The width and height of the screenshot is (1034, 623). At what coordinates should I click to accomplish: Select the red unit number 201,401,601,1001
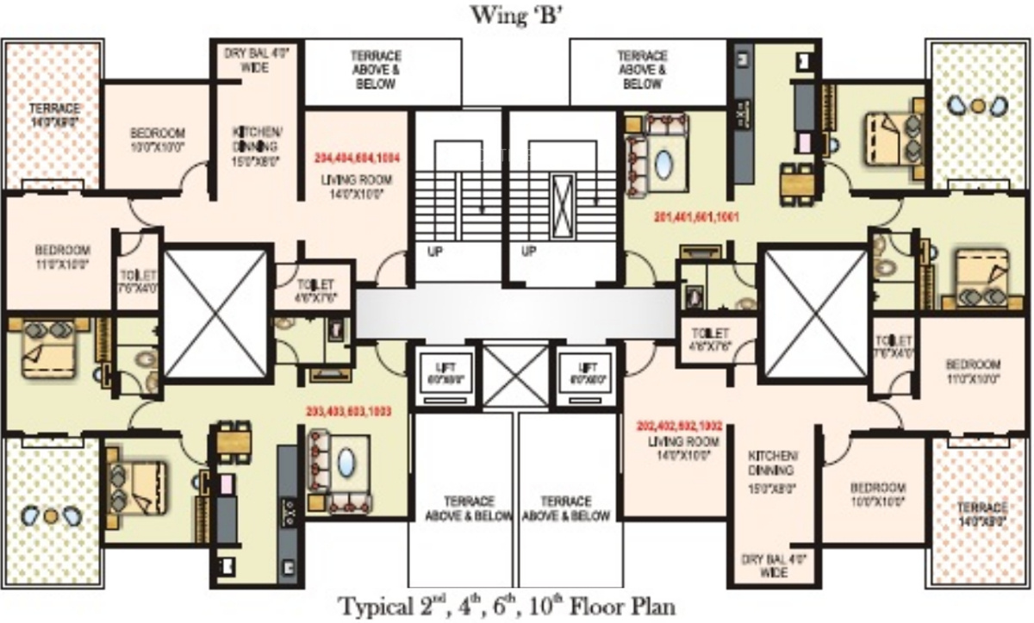point(696,217)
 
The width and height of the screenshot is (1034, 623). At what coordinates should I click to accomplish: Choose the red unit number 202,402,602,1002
point(679,426)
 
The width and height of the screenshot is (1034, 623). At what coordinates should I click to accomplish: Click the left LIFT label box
point(445,373)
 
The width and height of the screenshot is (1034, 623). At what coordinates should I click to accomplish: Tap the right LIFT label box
point(589,373)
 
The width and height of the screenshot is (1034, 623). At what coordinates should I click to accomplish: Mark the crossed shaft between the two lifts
point(516,376)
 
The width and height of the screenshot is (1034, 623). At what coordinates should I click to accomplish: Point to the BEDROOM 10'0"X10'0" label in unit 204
point(158,140)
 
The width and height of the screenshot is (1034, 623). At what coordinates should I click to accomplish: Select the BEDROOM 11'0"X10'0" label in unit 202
point(973,370)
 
